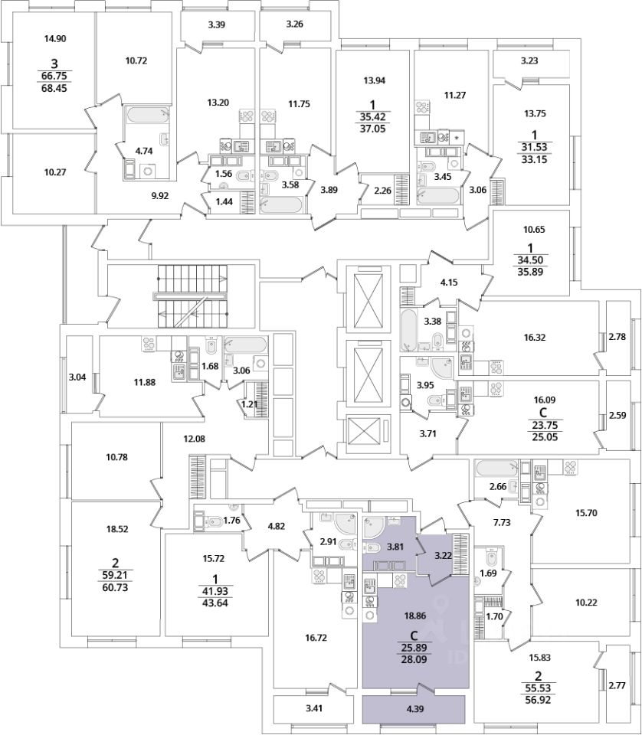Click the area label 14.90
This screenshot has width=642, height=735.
pyautogui.click(x=55, y=39)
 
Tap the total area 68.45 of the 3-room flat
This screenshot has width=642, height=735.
pyautogui.click(x=55, y=87)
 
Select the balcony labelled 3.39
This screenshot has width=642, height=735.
pyautogui.click(x=217, y=28)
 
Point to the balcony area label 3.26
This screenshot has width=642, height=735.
pyautogui.click(x=294, y=24)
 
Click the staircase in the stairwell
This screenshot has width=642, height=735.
pyautogui.click(x=192, y=297)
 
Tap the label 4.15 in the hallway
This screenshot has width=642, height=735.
pyautogui.click(x=449, y=283)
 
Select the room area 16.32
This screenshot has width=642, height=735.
pyautogui.click(x=535, y=337)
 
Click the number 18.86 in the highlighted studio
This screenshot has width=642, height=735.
pyautogui.click(x=414, y=616)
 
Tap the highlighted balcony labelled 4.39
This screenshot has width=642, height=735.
pyautogui.click(x=415, y=709)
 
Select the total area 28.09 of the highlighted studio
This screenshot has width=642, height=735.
pyautogui.click(x=415, y=660)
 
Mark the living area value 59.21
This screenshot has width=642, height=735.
pyautogui.click(x=114, y=575)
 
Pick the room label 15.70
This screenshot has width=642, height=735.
pyautogui.click(x=586, y=513)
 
